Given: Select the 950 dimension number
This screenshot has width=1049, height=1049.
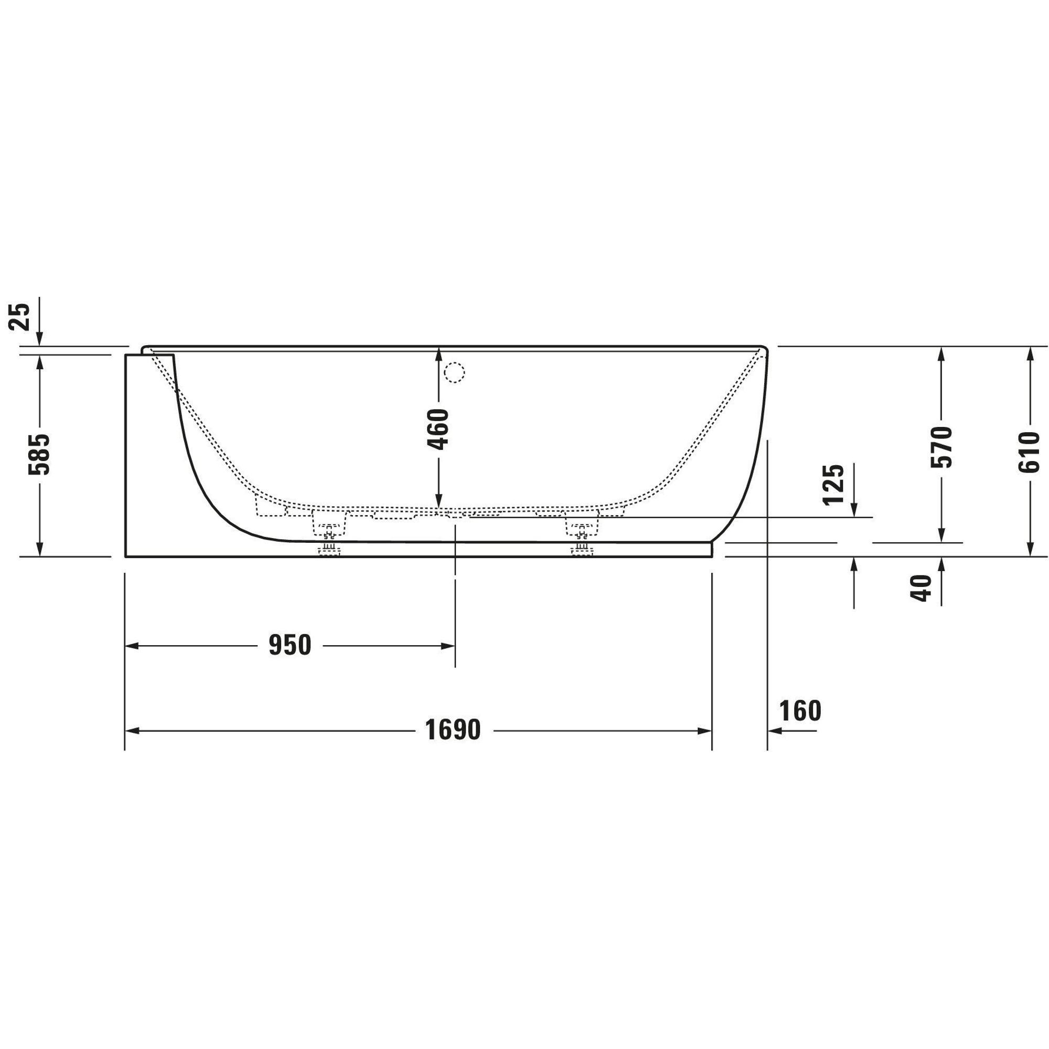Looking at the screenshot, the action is click(290, 645).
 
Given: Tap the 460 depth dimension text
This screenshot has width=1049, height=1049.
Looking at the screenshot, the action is click(438, 429).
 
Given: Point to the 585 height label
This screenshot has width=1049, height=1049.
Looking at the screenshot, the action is click(39, 454).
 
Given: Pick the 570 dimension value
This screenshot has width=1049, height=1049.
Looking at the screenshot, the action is click(941, 447).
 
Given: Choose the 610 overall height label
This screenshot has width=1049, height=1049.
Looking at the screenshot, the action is click(1029, 452).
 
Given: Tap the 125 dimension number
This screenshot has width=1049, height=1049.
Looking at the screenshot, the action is click(833, 484).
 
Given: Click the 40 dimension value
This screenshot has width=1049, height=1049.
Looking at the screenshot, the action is click(920, 587).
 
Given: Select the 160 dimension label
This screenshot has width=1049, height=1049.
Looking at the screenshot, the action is click(800, 710).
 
